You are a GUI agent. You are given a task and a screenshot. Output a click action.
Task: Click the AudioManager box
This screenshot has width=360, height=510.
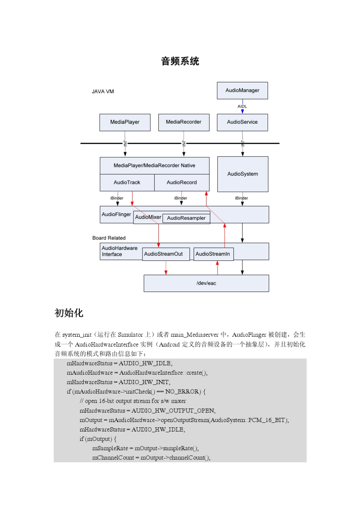point(242,91)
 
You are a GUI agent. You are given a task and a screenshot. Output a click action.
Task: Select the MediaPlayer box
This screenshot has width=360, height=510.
point(125,122)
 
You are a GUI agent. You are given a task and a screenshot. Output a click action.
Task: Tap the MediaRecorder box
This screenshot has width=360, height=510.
point(183,122)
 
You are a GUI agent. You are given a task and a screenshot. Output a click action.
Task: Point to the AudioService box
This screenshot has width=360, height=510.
point(242,122)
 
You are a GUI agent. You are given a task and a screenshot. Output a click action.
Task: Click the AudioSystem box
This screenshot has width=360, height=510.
point(243,174)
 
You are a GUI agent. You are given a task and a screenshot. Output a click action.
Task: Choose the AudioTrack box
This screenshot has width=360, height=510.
point(127,182)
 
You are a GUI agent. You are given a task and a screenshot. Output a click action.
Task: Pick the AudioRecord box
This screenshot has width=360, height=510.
point(182,182)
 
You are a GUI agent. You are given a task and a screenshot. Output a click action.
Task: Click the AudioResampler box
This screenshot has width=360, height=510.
point(186,218)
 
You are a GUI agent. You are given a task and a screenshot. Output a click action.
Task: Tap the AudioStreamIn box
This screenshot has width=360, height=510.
point(213,254)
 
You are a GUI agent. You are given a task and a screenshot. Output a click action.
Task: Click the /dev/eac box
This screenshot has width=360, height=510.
point(206,283)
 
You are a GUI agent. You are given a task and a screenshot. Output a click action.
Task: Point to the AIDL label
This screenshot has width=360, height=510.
point(242,107)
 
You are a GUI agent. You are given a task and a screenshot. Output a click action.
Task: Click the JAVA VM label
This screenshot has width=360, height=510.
point(103,91)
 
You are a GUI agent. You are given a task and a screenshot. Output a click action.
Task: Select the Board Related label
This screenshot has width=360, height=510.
point(109,238)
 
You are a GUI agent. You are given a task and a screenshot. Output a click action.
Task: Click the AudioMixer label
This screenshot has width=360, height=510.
point(148,217)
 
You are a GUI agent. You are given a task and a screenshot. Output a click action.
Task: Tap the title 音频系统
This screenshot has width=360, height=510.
point(180,61)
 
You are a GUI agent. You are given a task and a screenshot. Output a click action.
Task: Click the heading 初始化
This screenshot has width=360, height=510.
point(69,313)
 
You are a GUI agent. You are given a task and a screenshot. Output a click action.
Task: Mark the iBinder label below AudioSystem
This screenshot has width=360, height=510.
point(241,198)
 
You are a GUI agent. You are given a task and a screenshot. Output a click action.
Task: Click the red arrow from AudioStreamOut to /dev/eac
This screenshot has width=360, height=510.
point(166,267)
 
